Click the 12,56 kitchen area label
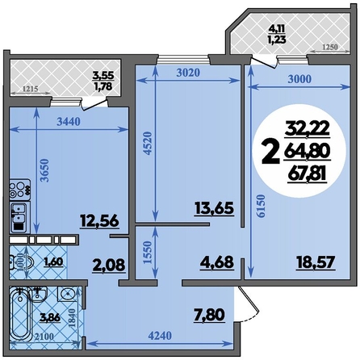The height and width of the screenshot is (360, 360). click(x=99, y=221)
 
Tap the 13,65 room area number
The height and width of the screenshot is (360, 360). click(x=214, y=208)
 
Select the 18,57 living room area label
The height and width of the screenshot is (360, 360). click(x=316, y=262)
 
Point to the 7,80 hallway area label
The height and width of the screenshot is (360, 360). click(x=210, y=315)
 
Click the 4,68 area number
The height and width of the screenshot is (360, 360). click(x=216, y=262)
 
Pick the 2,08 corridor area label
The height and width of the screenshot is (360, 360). click(x=109, y=266)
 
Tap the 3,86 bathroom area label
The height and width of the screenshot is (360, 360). click(x=50, y=318)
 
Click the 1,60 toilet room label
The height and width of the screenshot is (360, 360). click(x=53, y=262)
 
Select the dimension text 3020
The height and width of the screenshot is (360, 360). click(x=188, y=73)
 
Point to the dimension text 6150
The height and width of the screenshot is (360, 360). click(x=261, y=206)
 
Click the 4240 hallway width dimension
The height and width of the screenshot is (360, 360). click(x=160, y=336)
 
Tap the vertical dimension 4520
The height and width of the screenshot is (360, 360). click(x=148, y=143)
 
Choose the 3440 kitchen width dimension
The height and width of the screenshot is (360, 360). click(x=69, y=122)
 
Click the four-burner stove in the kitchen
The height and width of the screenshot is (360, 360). click(x=19, y=190)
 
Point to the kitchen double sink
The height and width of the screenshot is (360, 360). click(x=19, y=213)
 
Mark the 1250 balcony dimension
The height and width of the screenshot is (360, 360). click(x=329, y=47)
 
